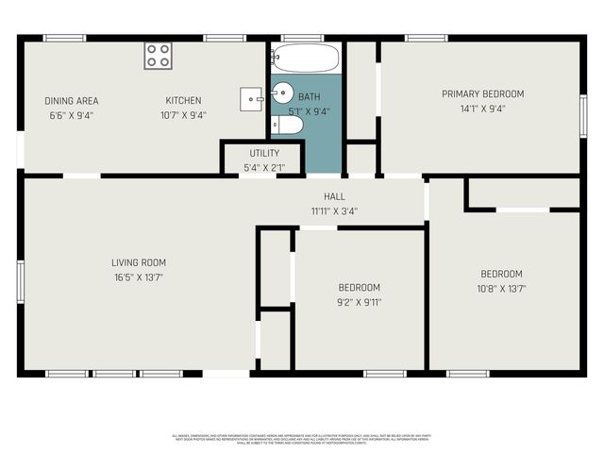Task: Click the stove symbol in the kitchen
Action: coord(158,56)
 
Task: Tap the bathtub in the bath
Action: coord(305,59)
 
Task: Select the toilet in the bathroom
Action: coord(289,125)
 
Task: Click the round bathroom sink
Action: coord(283,92)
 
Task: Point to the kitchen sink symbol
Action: coord(252,95)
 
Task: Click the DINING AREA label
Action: coord(72,101)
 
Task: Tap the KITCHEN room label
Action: coord(183,101)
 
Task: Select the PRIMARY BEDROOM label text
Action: coord(482,94)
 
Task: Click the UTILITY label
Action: coord(264,153)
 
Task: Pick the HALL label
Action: coord(334,196)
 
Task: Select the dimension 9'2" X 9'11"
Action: coord(360,302)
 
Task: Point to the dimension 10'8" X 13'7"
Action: coord(501,289)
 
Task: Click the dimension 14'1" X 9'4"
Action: coord(482,109)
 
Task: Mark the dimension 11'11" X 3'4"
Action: coord(334,210)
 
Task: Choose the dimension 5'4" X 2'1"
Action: coord(264,167)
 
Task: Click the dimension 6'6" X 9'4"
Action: coord(72,115)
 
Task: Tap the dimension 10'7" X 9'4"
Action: coord(183,115)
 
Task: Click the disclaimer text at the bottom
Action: coord(302,439)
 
